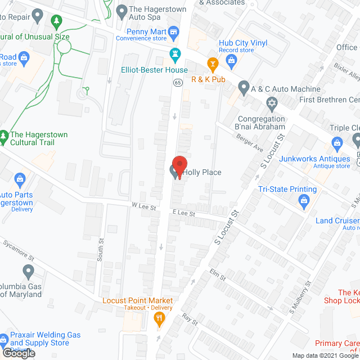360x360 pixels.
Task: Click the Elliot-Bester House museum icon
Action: (x=174, y=55)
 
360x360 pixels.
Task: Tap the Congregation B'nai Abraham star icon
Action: (x=272, y=104)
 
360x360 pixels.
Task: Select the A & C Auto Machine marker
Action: (x=244, y=88)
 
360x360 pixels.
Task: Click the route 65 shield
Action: (x=177, y=83)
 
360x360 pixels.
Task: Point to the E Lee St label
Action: (x=183, y=213)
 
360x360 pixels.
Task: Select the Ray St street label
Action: (x=190, y=320)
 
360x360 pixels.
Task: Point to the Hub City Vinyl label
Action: (x=243, y=43)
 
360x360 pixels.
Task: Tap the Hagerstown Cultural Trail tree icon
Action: (x=4, y=136)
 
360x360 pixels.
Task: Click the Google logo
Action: (x=18, y=353)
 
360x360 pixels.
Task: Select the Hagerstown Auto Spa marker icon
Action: (x=121, y=10)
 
